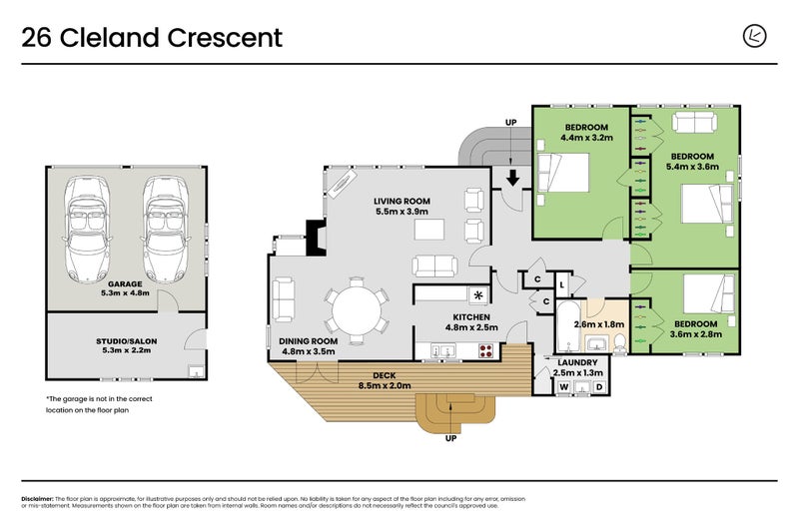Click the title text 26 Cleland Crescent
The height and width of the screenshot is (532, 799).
pyautogui.click(x=152, y=38)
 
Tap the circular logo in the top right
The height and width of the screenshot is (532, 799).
pyautogui.click(x=756, y=36)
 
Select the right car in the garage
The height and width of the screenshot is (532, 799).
pyautogui.click(x=164, y=229)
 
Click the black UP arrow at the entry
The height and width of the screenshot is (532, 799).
pyautogui.click(x=511, y=178)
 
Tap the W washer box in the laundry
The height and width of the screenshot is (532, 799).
pyautogui.click(x=564, y=386)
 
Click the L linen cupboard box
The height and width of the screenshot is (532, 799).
pyautogui.click(x=563, y=285)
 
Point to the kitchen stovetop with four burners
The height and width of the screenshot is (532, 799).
pyautogui.click(x=486, y=350)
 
